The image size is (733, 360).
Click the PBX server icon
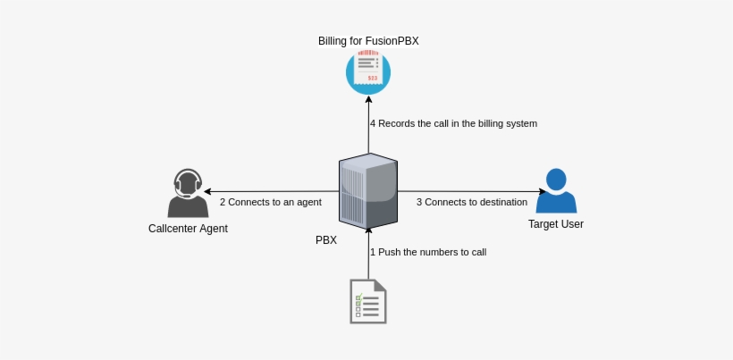coord(368,191)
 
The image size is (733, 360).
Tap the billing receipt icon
coord(368,71)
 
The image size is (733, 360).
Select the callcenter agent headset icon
coord(188,193)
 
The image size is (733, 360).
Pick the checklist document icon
coord(368,301)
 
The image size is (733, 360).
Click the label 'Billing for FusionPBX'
coord(368,41)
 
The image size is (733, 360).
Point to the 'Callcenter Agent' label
coord(188,229)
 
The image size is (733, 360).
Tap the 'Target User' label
coord(556,224)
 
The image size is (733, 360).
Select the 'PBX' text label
coord(326,240)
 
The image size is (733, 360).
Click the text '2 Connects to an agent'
coord(270,202)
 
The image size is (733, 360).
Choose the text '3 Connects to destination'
coord(472,202)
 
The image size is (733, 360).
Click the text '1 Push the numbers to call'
coord(428,252)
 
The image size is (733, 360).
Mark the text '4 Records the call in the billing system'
coord(453,123)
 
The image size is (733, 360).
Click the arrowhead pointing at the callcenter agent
coord(208,191)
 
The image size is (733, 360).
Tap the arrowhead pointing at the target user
coord(542,191)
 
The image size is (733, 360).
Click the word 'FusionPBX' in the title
coord(393,41)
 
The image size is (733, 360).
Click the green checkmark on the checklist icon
coord(359,297)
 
